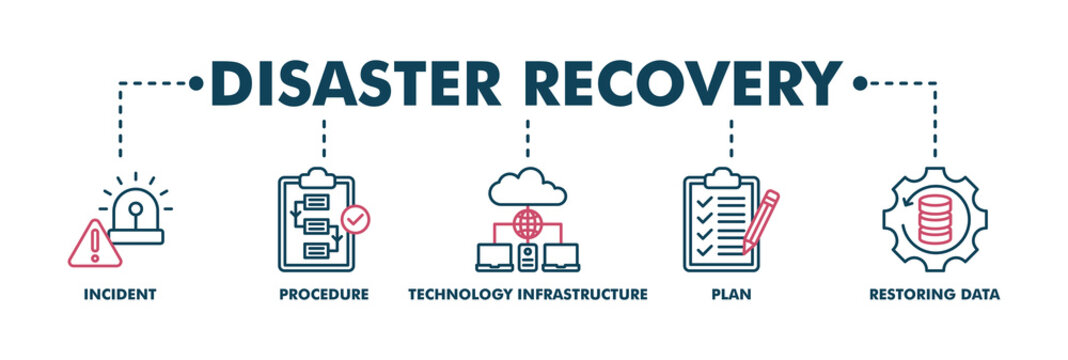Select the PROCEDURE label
coord(324,295)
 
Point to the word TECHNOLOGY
coord(460,295)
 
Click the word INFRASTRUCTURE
coord(582,295)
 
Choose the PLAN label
coord(733,295)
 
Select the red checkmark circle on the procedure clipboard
coord(355,217)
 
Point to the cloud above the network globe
coord(527,186)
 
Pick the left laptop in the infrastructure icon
coord(494,257)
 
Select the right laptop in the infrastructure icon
coord(561,257)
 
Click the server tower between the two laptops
coord(527,257)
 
